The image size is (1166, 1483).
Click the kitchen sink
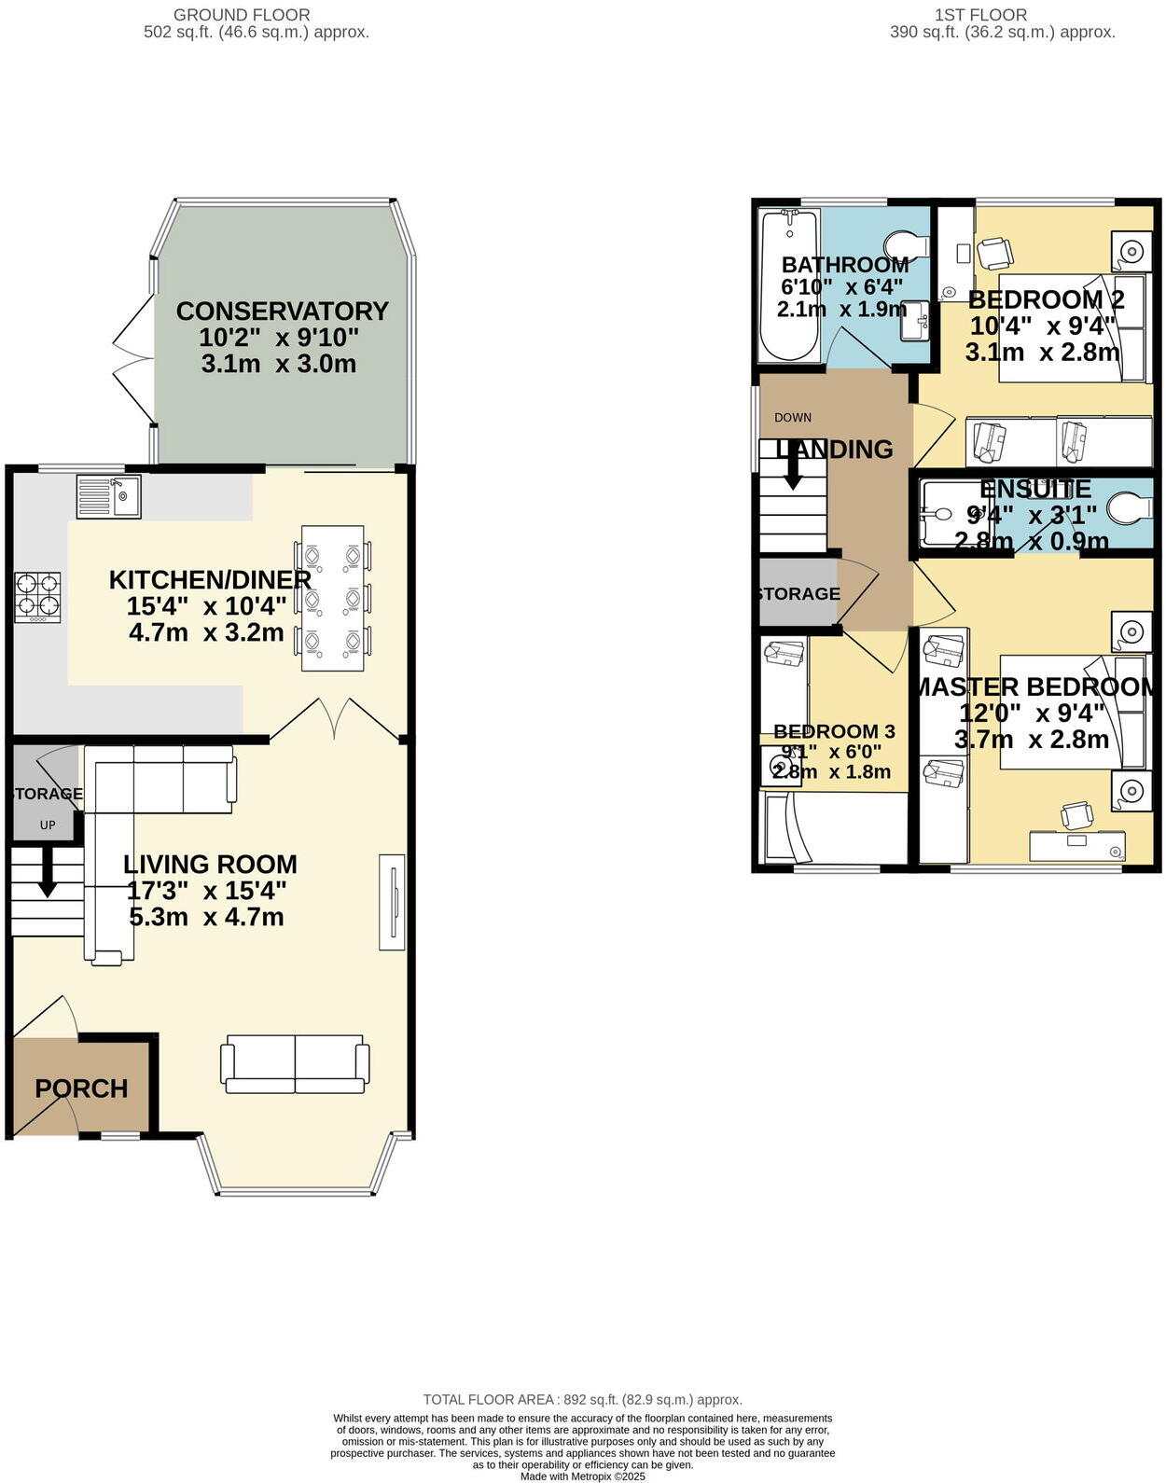108,496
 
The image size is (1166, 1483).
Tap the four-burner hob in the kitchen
38,597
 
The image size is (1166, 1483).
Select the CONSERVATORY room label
282,311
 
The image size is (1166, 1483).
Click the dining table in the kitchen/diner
333,598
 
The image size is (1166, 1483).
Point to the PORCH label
81,1088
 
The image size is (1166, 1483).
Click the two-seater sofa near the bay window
295,1064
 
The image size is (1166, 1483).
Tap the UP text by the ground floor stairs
48,825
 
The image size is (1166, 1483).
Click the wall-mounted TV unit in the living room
392,902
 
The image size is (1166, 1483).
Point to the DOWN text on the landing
793,417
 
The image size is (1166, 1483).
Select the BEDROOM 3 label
826,731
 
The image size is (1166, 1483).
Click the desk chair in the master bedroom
1076,815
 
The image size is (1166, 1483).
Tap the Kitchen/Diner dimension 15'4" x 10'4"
206,606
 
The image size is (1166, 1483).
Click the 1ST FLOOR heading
979,15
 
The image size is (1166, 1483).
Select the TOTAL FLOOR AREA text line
582,1399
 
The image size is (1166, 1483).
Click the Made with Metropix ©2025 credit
582,1476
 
